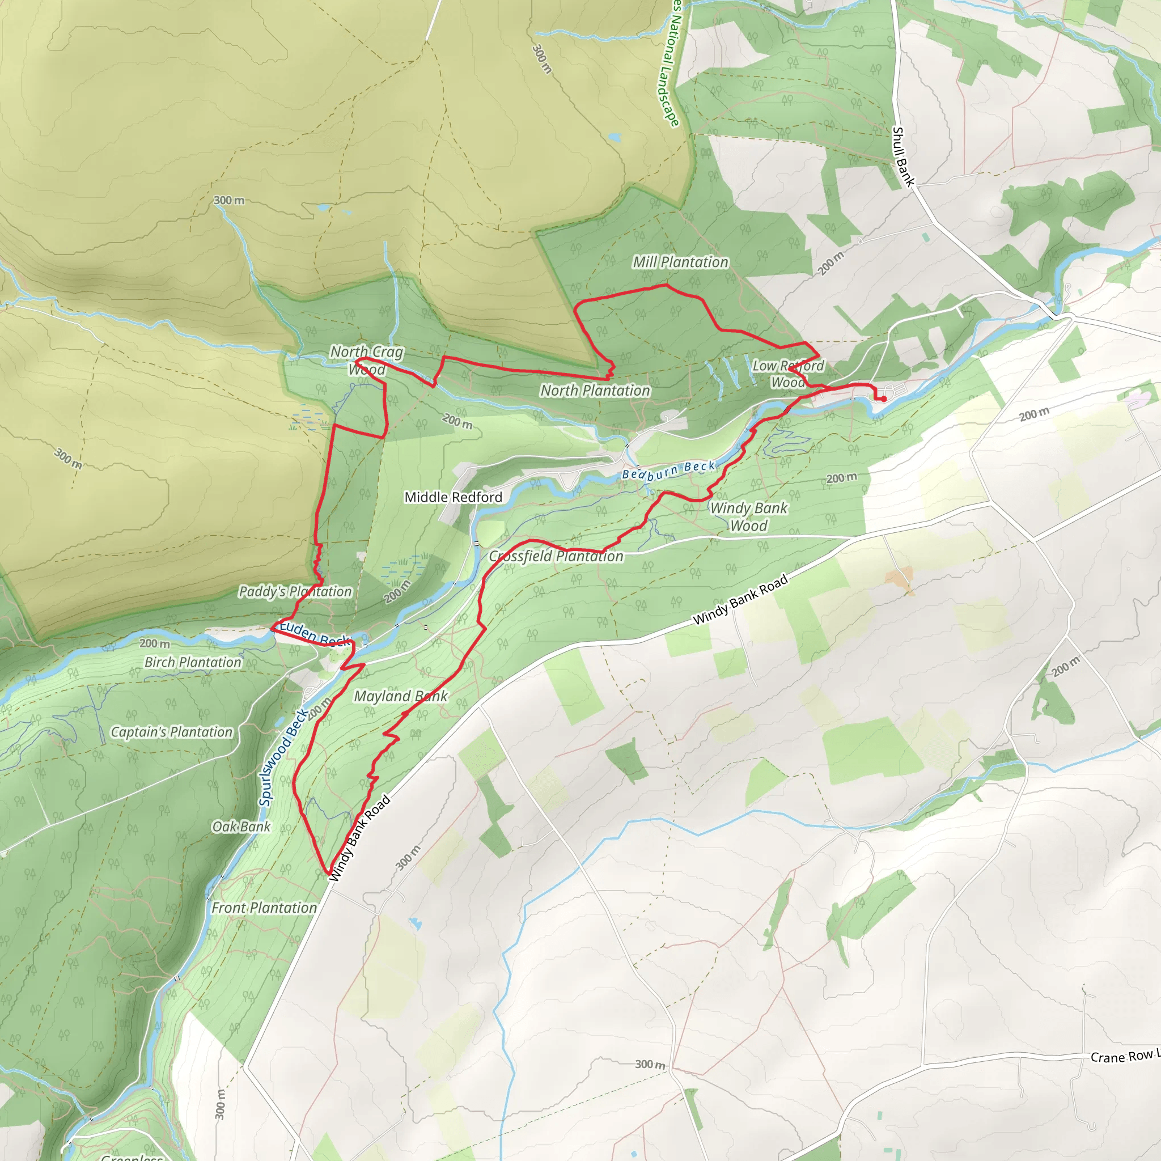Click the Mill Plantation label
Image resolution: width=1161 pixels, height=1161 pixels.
coord(680,262)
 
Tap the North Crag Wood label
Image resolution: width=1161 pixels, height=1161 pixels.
coord(367,361)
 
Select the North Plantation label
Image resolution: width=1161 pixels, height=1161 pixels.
coord(595,391)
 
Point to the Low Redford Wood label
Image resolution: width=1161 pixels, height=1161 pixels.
coord(788,374)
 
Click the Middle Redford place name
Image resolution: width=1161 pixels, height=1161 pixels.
coord(453,497)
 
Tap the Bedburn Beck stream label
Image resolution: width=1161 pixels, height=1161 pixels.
coord(668,471)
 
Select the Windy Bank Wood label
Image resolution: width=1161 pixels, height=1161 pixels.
coord(748,517)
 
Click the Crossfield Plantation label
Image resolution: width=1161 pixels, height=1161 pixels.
coord(556,557)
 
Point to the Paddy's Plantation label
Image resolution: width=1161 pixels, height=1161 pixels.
coord(295,592)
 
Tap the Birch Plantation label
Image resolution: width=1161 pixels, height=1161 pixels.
coord(193,662)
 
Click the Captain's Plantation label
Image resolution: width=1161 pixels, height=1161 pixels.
coord(172,732)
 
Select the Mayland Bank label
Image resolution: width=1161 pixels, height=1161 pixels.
coord(400,697)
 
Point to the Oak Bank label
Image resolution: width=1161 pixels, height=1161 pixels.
coord(241,827)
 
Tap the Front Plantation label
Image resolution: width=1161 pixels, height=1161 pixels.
coord(264,908)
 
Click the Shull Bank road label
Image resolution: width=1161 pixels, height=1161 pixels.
coord(903,156)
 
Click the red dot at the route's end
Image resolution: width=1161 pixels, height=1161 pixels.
coord(884,399)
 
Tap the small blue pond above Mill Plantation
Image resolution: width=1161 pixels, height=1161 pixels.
coord(614,138)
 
